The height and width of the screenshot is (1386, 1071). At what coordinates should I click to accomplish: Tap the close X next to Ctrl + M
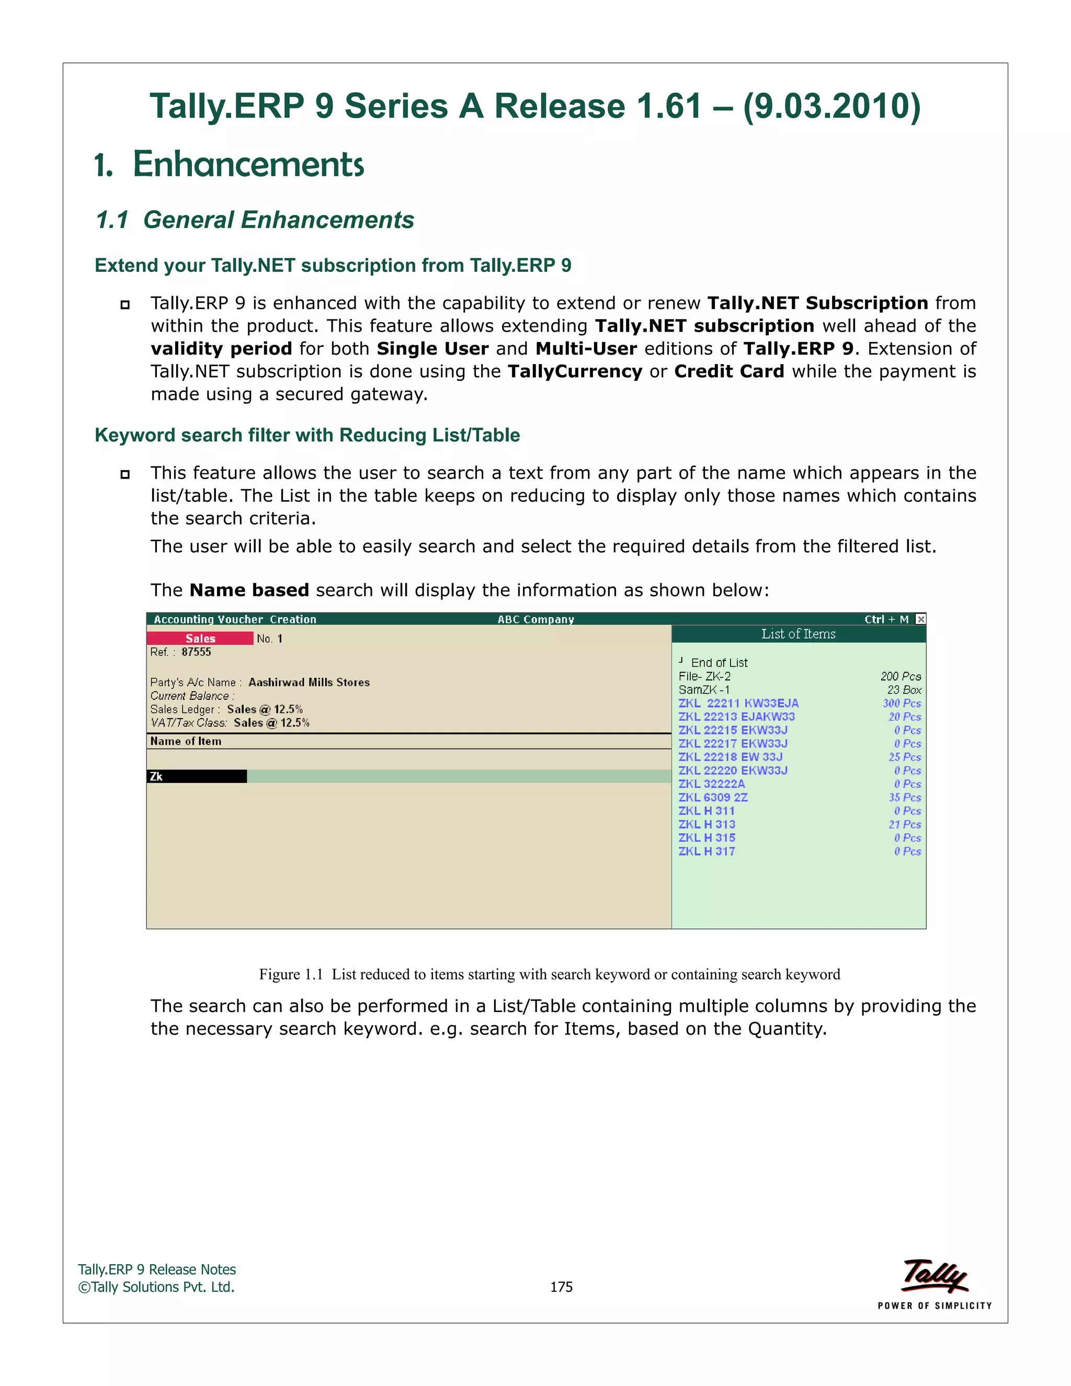coord(920,619)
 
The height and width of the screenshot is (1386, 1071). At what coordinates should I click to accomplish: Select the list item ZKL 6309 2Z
coord(713,797)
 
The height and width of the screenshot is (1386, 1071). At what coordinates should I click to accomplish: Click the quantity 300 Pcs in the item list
coord(901,703)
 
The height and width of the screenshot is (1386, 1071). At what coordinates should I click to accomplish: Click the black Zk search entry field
coord(197,776)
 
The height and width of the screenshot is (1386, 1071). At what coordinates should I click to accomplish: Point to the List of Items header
coord(798,633)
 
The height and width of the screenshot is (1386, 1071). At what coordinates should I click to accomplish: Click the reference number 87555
coord(196,652)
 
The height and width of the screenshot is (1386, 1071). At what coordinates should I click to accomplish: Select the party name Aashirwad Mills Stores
coord(309,682)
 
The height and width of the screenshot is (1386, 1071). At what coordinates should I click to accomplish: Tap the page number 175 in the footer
coord(561,1287)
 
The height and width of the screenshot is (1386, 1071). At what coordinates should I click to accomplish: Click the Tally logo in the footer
coord(935,1277)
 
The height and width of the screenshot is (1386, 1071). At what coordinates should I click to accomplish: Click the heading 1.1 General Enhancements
coord(255,220)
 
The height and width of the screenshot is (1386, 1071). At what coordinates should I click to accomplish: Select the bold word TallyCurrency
coord(574,371)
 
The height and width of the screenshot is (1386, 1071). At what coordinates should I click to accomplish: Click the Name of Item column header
coord(186,741)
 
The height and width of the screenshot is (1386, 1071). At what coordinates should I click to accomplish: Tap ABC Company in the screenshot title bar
coord(535,619)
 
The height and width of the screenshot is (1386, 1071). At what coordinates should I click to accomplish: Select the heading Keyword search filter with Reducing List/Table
coord(307,435)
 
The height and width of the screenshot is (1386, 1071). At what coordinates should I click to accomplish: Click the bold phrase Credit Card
coord(729,371)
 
